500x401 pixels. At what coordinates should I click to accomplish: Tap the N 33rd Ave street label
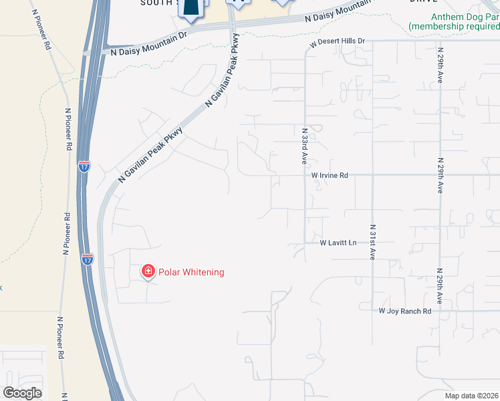pyautogui.click(x=304, y=147)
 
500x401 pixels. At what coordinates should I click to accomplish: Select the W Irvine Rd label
pyautogui.click(x=330, y=176)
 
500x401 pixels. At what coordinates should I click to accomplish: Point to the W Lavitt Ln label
pyautogui.click(x=339, y=243)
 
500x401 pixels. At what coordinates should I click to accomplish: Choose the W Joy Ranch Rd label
pyautogui.click(x=405, y=311)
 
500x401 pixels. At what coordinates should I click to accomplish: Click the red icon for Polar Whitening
pyautogui.click(x=148, y=271)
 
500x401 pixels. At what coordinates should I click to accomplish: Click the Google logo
pyautogui.click(x=23, y=392)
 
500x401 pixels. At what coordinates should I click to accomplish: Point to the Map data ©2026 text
pyautogui.click(x=471, y=396)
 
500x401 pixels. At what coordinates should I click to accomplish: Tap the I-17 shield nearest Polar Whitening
pyautogui.click(x=88, y=258)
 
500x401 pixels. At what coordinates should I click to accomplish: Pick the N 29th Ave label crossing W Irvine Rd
pyautogui.click(x=440, y=176)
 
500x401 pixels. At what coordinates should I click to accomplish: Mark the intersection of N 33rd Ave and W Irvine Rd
pyautogui.click(x=305, y=176)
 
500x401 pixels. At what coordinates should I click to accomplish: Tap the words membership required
pyautogui.click(x=455, y=26)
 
